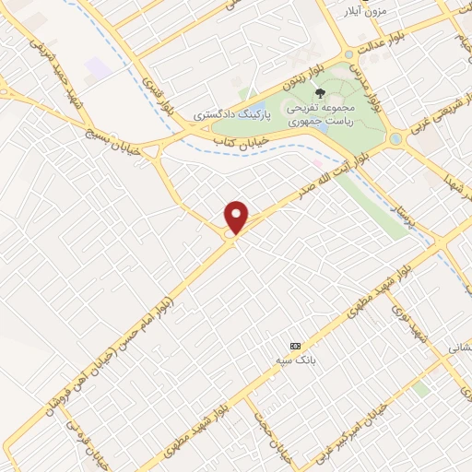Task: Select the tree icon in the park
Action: tap(320, 93)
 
